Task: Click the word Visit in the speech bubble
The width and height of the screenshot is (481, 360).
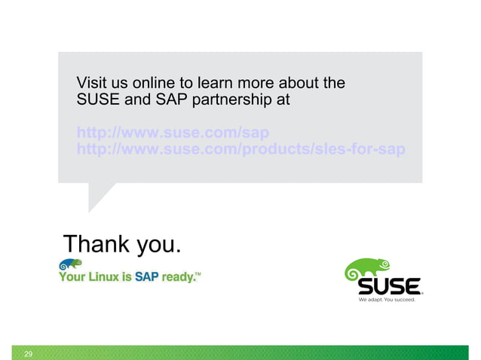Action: click(x=92, y=82)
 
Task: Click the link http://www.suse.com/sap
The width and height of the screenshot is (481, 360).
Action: click(x=173, y=133)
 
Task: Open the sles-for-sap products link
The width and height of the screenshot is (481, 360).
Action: click(x=240, y=149)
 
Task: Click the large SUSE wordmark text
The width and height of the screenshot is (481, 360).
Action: click(x=388, y=287)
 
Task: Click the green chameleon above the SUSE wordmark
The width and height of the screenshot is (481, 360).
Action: click(x=367, y=268)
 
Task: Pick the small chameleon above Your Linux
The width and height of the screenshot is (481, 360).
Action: click(x=70, y=265)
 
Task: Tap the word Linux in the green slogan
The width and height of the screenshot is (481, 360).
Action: click(x=104, y=277)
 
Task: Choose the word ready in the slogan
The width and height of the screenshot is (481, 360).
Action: click(x=178, y=278)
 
